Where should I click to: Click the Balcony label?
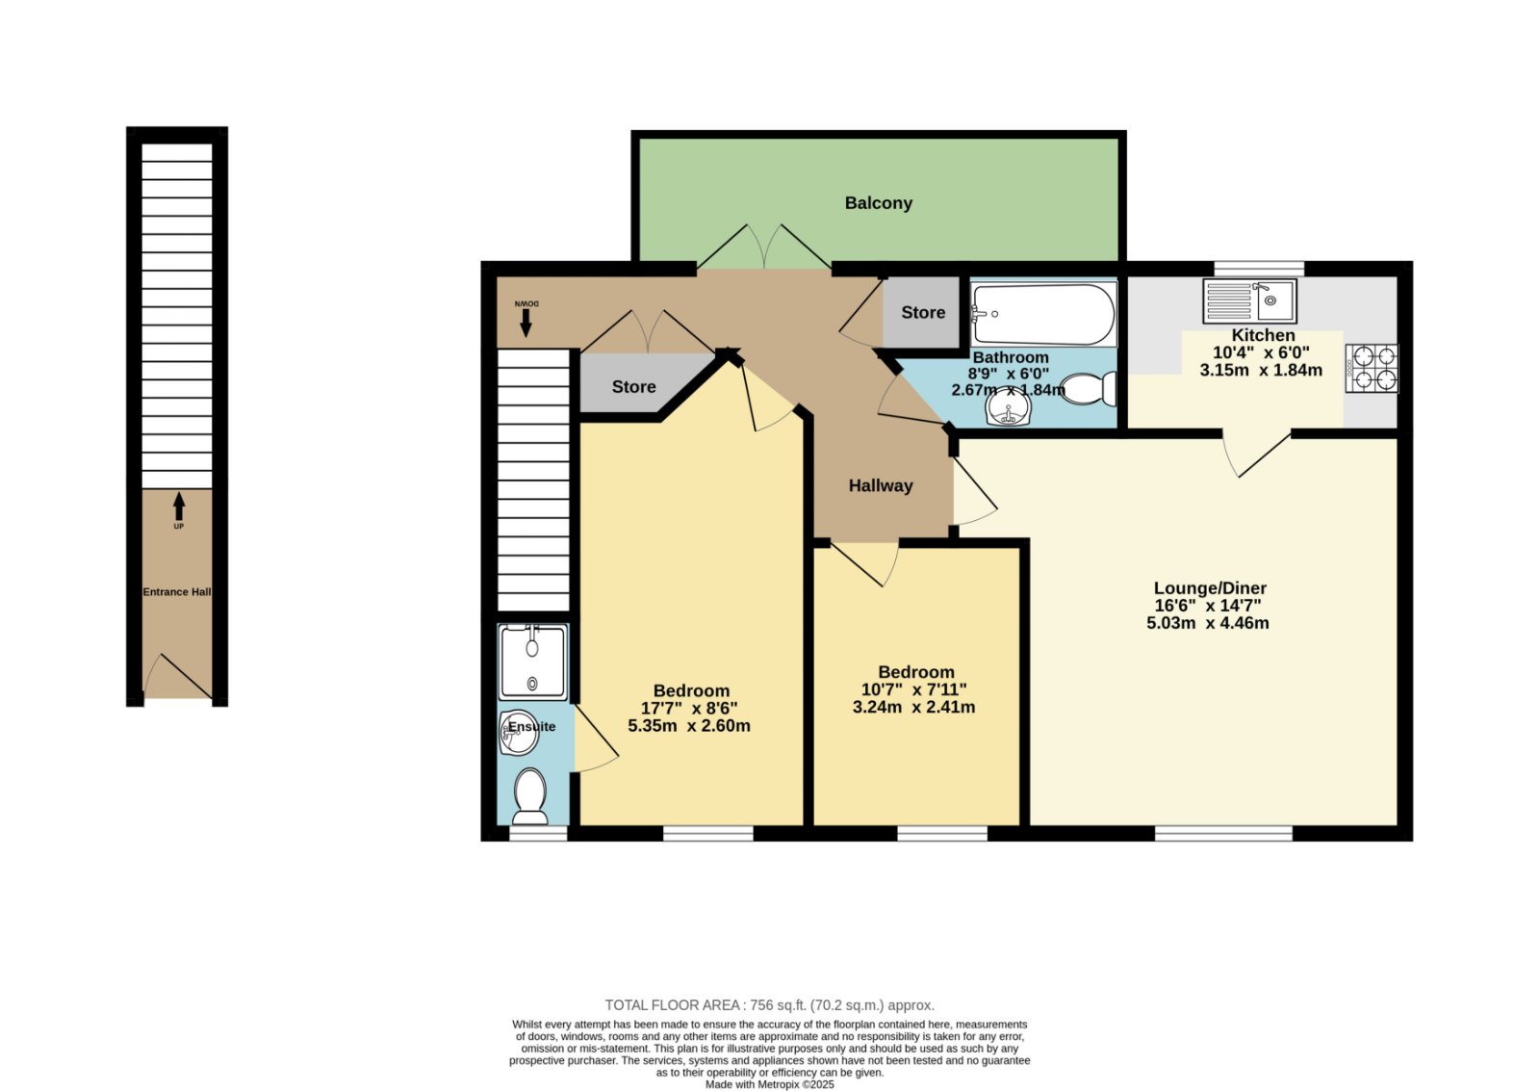(x=878, y=203)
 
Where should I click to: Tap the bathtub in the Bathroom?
(x=1043, y=314)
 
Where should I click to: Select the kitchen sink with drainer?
(x=1249, y=300)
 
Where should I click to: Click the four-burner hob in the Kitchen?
(x=1372, y=368)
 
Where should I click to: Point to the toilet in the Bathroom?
(x=1089, y=389)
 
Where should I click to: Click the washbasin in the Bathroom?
(x=1008, y=408)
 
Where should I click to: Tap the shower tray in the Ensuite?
(x=533, y=662)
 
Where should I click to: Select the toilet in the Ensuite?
(x=530, y=795)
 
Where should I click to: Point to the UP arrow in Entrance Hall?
(x=179, y=507)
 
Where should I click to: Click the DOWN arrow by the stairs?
(x=526, y=323)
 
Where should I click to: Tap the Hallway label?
(x=880, y=485)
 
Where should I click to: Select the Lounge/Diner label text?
(x=1209, y=588)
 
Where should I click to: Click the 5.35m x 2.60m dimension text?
(x=689, y=726)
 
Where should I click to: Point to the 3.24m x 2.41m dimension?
(x=913, y=707)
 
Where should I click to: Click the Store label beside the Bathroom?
(x=923, y=312)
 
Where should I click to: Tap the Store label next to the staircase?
(x=633, y=386)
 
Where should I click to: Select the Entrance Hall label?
(x=177, y=591)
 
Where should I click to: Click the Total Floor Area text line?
(x=769, y=1005)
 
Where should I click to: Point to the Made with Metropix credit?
(x=769, y=1085)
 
